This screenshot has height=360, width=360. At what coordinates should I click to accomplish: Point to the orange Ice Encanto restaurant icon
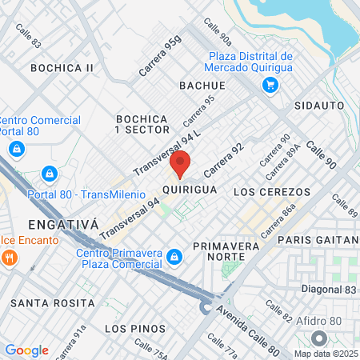(10, 258)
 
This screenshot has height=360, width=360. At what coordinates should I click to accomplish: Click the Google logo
(26, 350)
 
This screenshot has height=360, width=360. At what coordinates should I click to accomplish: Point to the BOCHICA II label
(62, 68)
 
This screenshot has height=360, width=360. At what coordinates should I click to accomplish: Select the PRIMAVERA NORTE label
(226, 252)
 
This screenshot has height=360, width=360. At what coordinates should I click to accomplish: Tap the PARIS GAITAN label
(318, 240)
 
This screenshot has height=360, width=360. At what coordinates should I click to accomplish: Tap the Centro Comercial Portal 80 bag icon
(16, 148)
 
